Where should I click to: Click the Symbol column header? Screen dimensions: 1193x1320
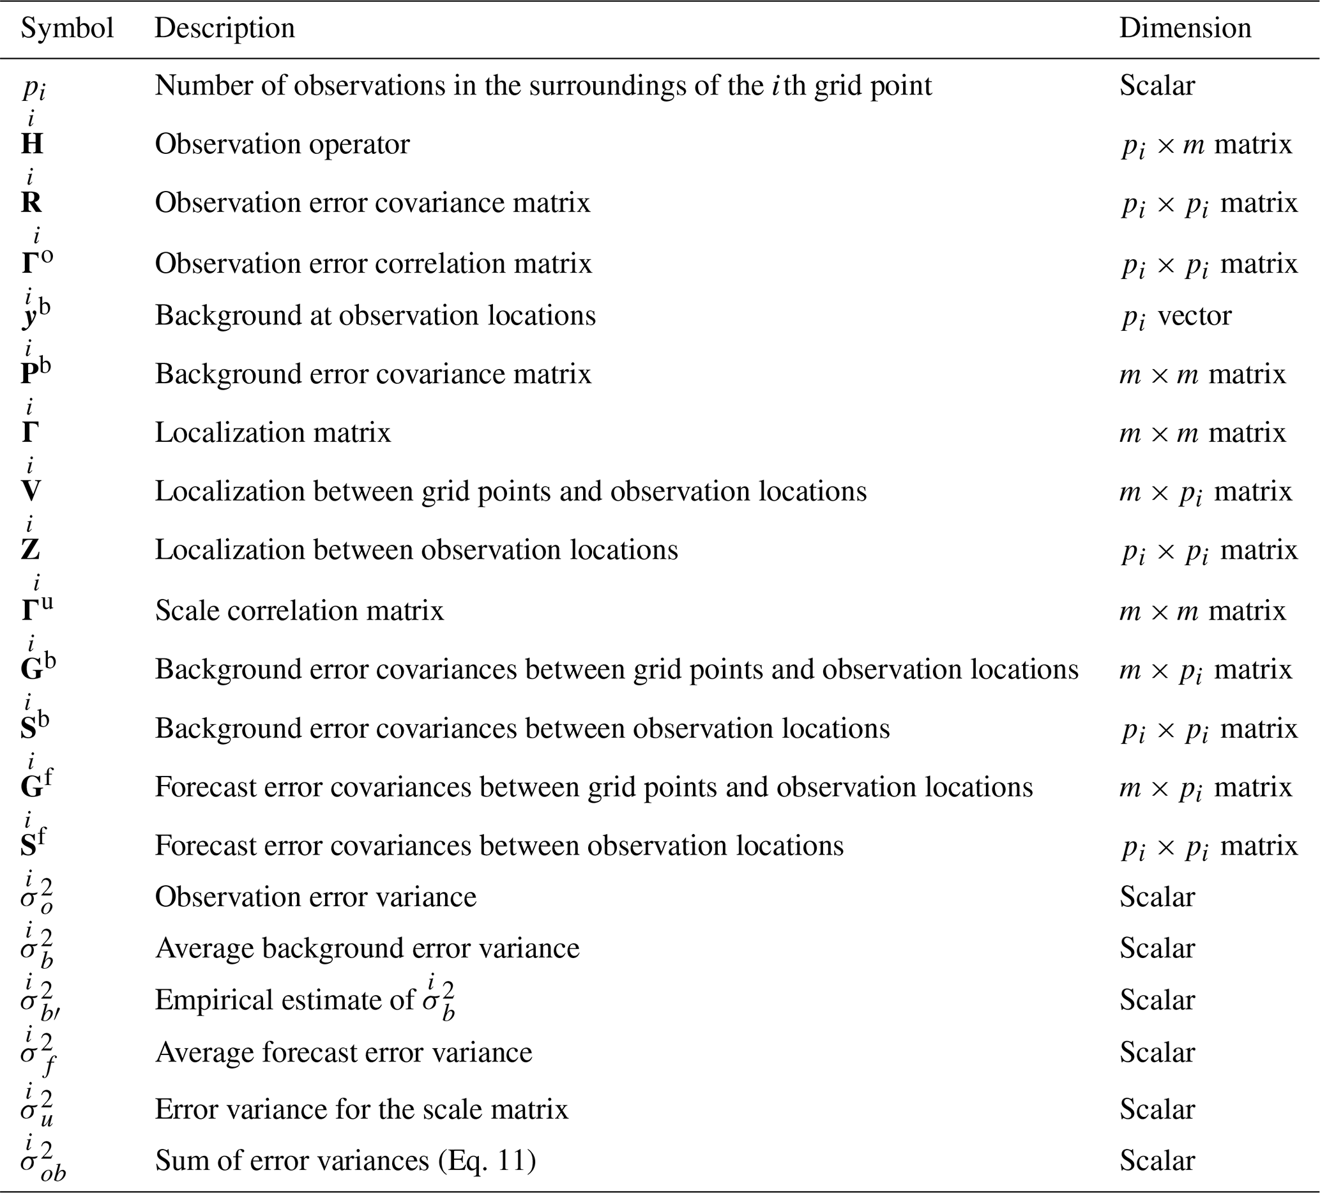click(68, 28)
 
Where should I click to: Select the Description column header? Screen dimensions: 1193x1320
click(225, 28)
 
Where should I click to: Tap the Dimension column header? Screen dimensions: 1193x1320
click(1185, 28)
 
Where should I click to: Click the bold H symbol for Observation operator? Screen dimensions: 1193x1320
click(32, 144)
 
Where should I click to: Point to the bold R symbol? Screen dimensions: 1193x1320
click(31, 203)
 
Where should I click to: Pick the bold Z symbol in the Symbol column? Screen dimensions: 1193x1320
click(31, 549)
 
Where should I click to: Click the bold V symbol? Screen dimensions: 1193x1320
click(31, 491)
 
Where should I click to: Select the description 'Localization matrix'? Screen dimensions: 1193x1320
click(273, 433)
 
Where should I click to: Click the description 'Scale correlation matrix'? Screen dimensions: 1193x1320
click(300, 611)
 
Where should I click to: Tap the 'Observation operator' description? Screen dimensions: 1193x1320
click(282, 144)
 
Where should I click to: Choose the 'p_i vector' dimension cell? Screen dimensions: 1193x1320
click(1176, 316)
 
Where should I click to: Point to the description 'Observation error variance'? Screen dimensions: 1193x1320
click(315, 897)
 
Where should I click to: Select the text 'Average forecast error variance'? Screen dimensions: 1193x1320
click(344, 1052)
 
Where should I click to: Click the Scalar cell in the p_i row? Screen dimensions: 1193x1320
click(1157, 86)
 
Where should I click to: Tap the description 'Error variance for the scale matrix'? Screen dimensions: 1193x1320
click(361, 1109)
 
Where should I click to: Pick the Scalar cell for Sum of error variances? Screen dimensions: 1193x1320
click(1157, 1160)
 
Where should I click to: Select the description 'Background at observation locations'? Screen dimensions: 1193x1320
click(375, 315)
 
